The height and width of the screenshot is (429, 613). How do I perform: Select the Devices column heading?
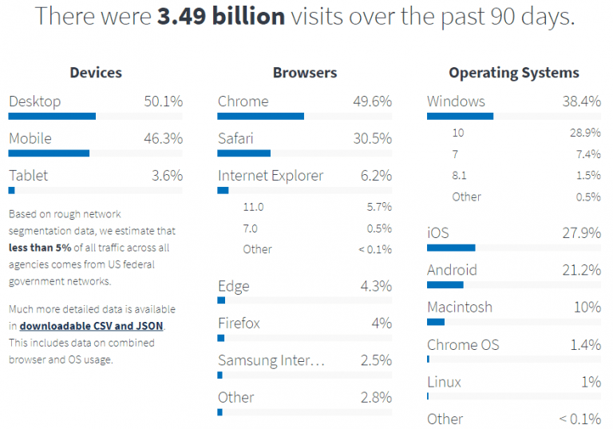tap(96, 73)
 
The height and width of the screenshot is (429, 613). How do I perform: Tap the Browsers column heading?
tap(305, 73)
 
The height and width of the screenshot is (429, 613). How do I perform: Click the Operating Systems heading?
tap(514, 73)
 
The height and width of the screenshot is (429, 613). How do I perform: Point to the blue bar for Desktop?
tap(52, 116)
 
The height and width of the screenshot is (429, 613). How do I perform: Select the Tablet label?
tap(28, 175)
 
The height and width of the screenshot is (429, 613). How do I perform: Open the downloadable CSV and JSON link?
tap(92, 326)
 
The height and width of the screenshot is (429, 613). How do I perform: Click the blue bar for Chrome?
tap(261, 116)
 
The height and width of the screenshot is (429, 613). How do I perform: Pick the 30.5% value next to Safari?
tap(372, 138)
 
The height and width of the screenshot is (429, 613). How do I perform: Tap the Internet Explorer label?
tap(271, 175)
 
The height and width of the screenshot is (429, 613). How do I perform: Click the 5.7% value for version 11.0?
tap(378, 207)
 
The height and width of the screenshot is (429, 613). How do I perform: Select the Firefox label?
tap(239, 323)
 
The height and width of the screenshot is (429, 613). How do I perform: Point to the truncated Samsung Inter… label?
tap(271, 360)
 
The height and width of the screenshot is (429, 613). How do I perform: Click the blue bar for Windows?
tap(460, 116)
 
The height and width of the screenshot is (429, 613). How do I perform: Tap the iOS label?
tap(438, 233)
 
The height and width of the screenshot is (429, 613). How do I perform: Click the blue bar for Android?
tap(445, 284)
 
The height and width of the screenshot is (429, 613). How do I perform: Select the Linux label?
tap(444, 381)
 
